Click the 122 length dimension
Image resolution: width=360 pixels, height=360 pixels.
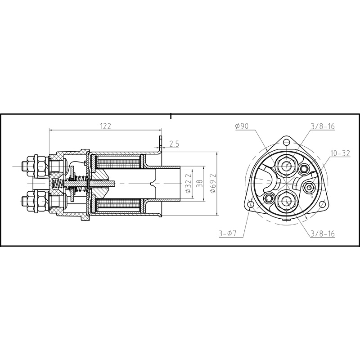[105, 126]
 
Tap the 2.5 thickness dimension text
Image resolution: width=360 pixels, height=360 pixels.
[175, 144]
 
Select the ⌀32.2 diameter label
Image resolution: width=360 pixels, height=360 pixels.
[189, 185]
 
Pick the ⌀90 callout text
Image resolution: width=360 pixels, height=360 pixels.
[242, 126]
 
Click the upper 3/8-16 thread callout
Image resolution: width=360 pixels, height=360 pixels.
[322, 126]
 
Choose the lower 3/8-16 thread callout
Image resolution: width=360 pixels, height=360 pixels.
[322, 234]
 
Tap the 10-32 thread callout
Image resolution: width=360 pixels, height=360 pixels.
[340, 153]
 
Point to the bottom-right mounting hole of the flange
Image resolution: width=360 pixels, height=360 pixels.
[322, 205]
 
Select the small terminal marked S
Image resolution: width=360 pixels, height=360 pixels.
[308, 187]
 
